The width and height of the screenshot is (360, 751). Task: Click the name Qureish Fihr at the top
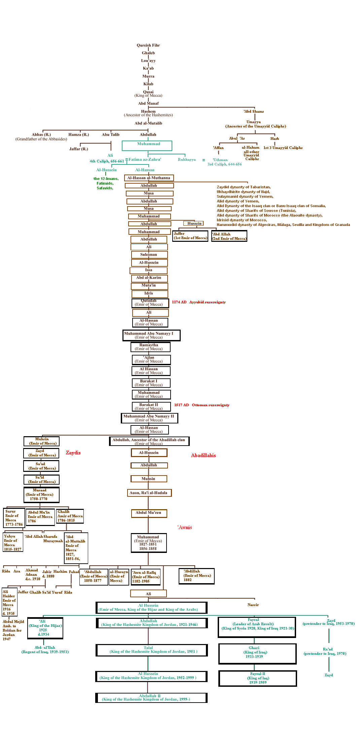[148, 45]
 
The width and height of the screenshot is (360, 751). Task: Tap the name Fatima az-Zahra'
[145, 159]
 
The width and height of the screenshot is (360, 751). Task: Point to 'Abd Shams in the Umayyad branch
[254, 111]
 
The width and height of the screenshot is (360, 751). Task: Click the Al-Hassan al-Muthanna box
[149, 178]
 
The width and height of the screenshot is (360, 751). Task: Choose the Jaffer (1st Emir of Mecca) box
[190, 236]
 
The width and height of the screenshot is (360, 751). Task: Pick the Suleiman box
[149, 255]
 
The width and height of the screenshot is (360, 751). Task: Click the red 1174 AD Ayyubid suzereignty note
[199, 302]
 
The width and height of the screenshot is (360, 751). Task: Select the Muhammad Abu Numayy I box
[151, 335]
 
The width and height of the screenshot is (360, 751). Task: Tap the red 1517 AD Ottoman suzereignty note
[202, 405]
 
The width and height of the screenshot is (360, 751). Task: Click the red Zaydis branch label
[73, 453]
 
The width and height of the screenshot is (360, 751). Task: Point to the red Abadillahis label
[203, 455]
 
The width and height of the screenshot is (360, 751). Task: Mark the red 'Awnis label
[185, 527]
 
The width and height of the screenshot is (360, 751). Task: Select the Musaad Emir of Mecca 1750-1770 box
[41, 495]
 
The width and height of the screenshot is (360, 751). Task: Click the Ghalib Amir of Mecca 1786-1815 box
[70, 516]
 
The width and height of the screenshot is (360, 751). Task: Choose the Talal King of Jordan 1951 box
[151, 650]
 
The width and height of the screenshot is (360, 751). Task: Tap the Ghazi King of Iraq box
[257, 653]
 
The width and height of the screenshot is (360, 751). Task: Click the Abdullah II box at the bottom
[151, 698]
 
